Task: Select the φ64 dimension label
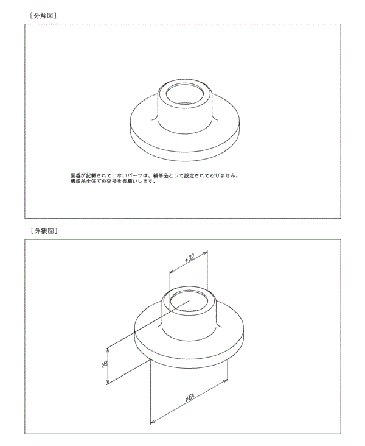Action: point(189,397)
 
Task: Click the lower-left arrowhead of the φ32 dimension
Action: point(170,272)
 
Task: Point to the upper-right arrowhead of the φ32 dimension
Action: point(207,250)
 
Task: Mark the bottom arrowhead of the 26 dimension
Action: point(108,382)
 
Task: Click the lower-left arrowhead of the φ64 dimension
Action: point(151,421)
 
